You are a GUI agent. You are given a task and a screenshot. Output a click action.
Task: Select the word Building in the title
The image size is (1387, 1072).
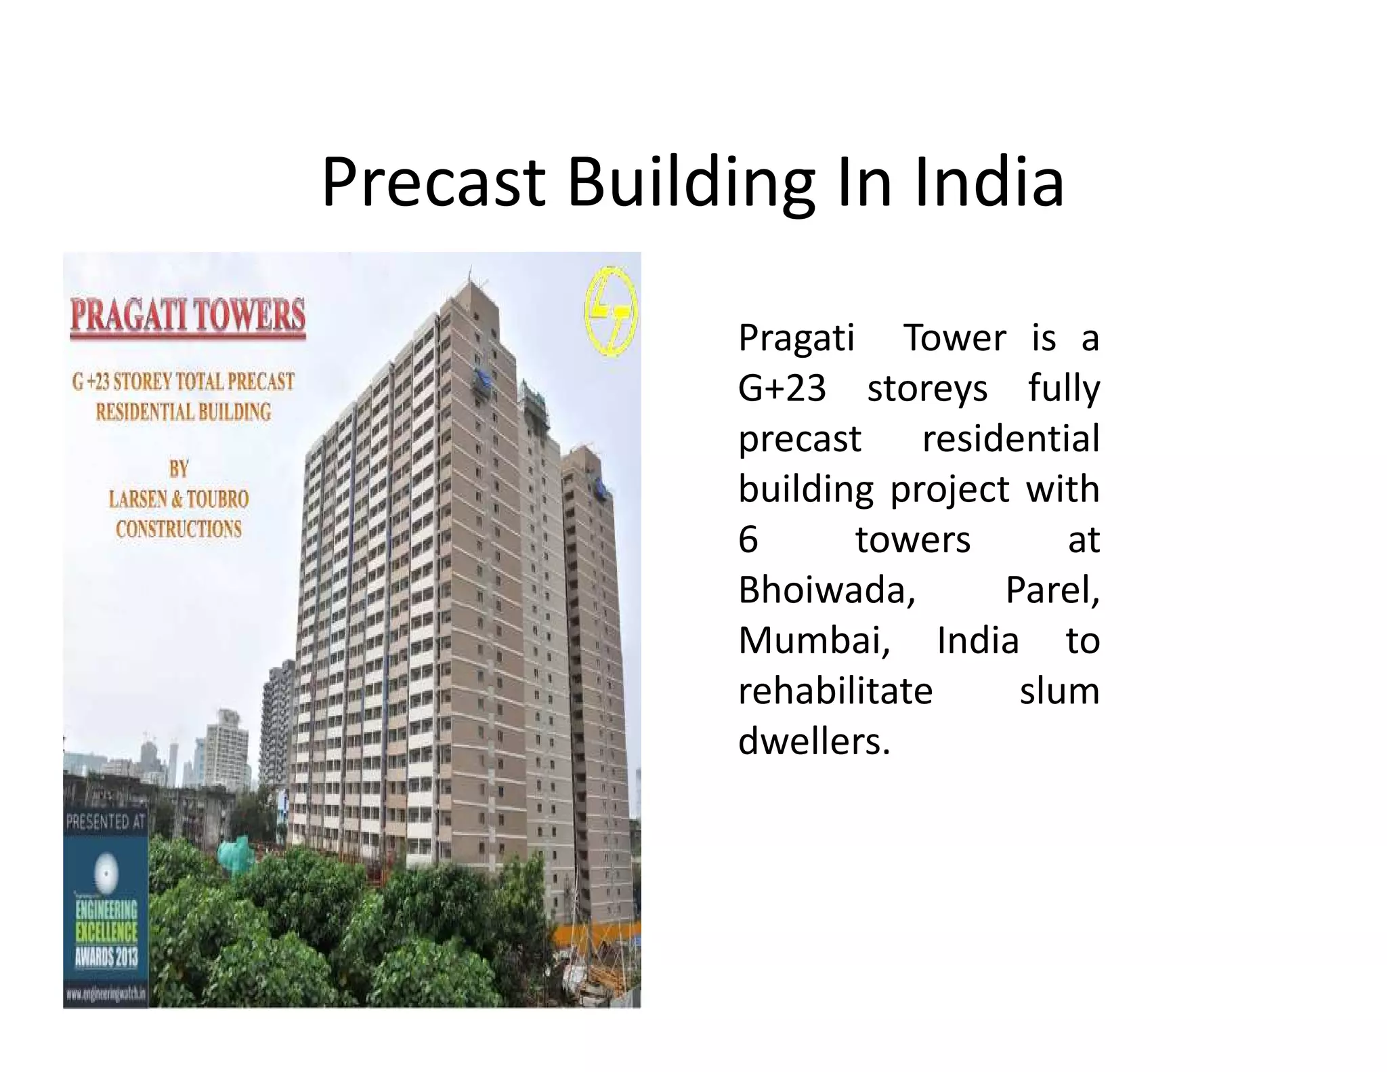coord(691,183)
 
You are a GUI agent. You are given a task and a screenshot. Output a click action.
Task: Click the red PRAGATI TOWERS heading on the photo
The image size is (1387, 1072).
coord(188,316)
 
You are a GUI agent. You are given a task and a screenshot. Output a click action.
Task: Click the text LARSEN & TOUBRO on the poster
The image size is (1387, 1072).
coord(179,499)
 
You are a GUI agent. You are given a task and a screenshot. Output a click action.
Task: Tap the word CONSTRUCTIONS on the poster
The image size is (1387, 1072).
coord(179,529)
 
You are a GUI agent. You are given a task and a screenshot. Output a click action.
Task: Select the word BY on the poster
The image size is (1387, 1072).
coord(179,468)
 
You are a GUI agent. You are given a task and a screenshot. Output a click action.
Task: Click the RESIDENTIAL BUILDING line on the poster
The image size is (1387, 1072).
coord(184,411)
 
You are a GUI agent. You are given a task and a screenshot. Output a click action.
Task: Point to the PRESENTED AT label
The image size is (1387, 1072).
coord(106,823)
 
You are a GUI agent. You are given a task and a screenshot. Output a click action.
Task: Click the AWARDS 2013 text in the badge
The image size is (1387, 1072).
coord(106,957)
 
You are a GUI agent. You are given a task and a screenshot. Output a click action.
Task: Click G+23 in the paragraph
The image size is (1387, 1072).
coord(782,388)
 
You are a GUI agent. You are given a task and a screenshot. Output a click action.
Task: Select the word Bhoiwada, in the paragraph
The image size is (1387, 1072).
coord(827,590)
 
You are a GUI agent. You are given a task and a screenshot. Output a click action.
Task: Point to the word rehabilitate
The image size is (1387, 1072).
coord(836,691)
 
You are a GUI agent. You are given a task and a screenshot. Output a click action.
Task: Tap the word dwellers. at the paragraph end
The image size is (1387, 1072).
coord(814,741)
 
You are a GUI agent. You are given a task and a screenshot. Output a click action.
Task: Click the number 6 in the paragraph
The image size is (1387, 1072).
coord(748,539)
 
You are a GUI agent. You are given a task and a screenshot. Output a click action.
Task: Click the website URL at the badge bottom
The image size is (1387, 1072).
coord(106,994)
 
